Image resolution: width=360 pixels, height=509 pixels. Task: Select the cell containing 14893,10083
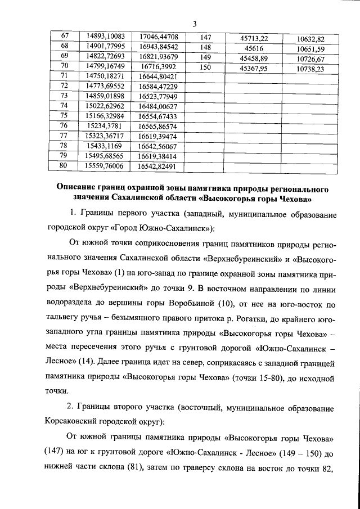point(105,37)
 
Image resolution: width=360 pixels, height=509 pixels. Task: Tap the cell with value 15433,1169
point(105,146)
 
